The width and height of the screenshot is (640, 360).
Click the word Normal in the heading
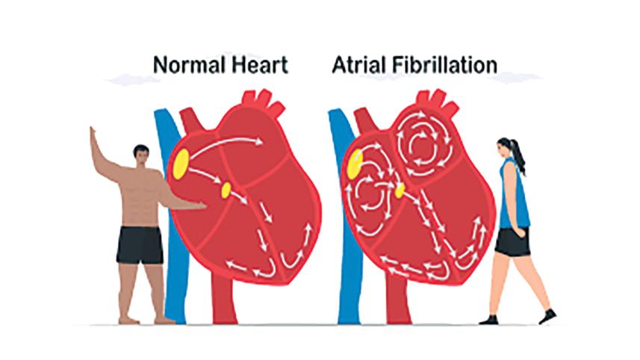coord(189,65)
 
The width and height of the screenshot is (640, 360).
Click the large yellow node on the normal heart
coord(181,164)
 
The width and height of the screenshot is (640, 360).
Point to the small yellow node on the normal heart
coord(226,190)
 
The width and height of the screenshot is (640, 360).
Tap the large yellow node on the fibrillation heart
coord(355,164)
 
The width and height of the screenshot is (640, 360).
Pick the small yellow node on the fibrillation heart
coord(400,190)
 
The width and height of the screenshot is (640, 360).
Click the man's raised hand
coord(93,134)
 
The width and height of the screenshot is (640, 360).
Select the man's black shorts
coord(140,245)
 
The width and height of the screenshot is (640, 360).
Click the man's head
coord(141,155)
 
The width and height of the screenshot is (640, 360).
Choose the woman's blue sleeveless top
coord(515,194)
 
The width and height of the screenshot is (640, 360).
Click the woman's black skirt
coord(512,242)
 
